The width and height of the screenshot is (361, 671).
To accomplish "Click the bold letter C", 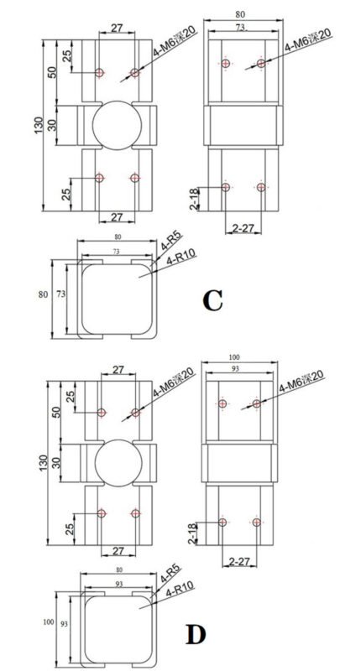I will point(214,299).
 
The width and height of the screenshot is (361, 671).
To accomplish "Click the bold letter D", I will point(196,634).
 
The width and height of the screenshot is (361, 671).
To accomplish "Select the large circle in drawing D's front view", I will point(117,462).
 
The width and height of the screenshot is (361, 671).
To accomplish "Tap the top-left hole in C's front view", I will point(100,73).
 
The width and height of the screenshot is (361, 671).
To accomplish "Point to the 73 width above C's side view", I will point(242,28).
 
